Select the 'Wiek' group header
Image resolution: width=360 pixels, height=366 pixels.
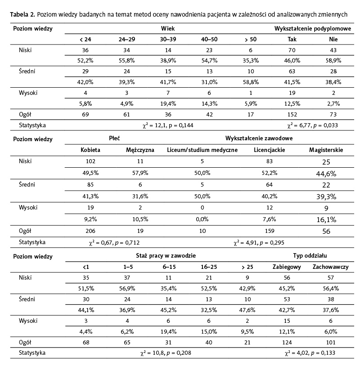[x=168, y=28]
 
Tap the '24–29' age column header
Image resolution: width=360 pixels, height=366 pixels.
[x=126, y=40]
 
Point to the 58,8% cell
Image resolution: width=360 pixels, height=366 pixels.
[x=251, y=82]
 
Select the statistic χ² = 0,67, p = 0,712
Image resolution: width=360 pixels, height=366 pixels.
[x=114, y=242]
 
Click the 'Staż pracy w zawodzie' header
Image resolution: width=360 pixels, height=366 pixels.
[x=166, y=256]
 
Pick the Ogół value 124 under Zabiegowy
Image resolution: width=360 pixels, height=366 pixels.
[x=284, y=342]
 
